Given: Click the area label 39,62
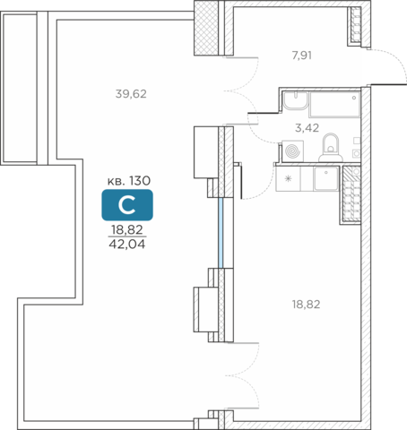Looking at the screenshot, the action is tap(131, 94).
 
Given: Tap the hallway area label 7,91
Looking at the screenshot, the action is tap(302, 56).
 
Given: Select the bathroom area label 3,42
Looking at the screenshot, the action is tap(307, 128).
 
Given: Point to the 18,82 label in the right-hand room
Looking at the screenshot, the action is tap(306, 305).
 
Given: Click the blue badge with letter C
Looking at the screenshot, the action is tap(127, 205).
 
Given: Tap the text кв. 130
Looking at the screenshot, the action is tap(129, 181).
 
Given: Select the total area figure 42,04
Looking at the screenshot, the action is tap(127, 245).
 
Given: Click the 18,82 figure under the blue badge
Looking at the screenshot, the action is tap(127, 229).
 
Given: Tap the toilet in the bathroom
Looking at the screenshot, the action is tap(331, 148).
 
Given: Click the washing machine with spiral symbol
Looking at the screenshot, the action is tap(292, 150).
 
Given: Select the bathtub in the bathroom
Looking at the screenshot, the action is tap(334, 104).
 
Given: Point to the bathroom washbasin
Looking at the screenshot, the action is tap(295, 100).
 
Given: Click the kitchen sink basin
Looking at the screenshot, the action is tap(326, 178).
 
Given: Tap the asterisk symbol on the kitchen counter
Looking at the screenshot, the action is tap(288, 178).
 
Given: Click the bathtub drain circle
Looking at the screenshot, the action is tap(354, 98).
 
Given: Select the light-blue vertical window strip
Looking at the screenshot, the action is tap(221, 233).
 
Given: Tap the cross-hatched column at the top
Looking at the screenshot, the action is tap(206, 28).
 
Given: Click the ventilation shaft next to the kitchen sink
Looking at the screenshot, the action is tap(351, 194).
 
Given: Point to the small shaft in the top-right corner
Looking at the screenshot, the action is tap(356, 24).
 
